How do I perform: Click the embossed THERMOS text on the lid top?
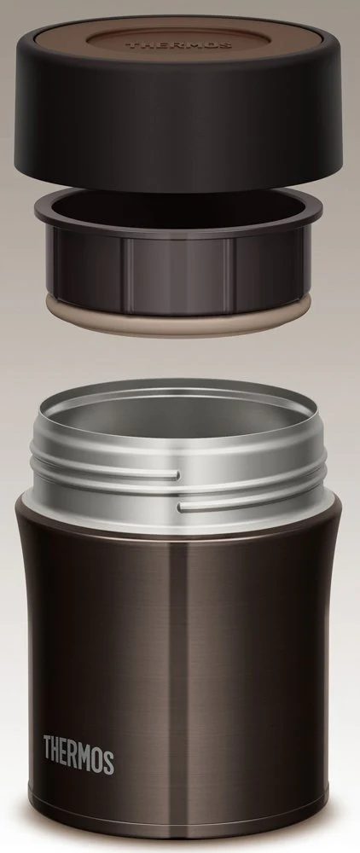click(178, 44)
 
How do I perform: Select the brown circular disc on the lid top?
click(178, 44)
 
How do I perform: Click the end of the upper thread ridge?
click(177, 476)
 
